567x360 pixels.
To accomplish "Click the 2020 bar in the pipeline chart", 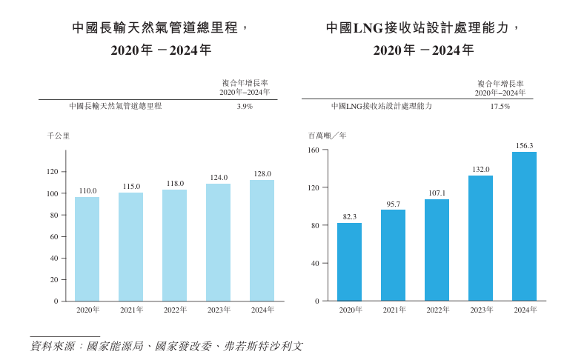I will [87, 249].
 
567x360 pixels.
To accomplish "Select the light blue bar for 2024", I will [262, 241].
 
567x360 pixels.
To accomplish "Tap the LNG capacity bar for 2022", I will [437, 250].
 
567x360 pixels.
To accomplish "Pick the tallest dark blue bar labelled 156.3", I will [524, 227].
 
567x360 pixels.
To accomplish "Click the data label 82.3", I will [349, 216].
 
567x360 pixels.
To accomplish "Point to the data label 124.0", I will [219, 177].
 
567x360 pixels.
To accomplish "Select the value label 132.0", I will [480, 170].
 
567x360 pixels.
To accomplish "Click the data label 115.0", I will [131, 186].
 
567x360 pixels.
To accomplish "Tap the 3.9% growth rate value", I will [245, 107].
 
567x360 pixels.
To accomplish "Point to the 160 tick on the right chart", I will [313, 150].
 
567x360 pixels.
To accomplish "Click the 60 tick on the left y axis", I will [53, 237].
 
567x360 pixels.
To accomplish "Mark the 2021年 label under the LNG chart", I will [394, 310].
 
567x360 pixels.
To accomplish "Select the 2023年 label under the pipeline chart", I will [219, 310].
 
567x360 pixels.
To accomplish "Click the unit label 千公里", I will [58, 136].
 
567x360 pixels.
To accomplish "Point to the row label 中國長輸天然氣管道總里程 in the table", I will [115, 107].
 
